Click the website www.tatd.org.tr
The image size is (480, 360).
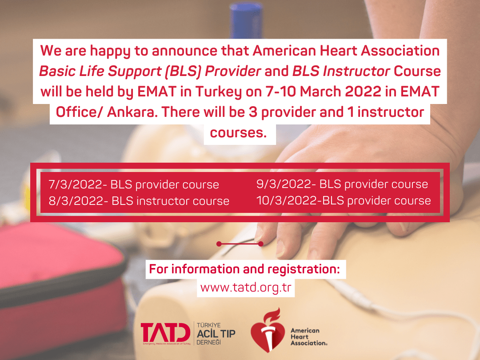245,288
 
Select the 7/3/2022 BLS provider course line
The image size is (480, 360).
134,184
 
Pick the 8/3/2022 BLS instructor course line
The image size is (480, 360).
139,201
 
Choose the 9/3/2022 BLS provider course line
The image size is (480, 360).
342,184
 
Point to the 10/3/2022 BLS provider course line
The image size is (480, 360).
344,200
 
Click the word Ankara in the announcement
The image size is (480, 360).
131,112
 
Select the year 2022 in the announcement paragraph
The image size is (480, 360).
364,92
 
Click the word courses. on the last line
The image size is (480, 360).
238,132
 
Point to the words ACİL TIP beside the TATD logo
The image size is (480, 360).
216,334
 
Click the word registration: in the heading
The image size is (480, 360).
304,269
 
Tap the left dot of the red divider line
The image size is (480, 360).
219,244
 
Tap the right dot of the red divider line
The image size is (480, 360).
260,244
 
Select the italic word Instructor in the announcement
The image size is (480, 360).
356,71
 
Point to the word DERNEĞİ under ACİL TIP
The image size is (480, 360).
208,342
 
